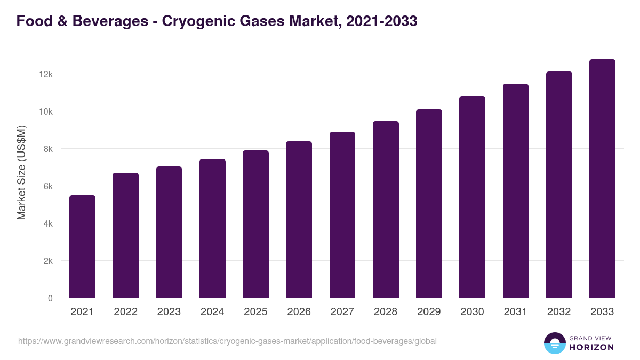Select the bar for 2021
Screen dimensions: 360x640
[82, 246]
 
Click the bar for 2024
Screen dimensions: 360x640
[212, 228]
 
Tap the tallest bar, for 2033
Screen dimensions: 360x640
[602, 179]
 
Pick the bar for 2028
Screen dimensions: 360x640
[386, 210]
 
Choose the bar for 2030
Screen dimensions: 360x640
[472, 197]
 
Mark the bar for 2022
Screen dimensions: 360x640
[125, 235]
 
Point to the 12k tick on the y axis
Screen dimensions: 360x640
[46, 74]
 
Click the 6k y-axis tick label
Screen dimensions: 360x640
[47, 186]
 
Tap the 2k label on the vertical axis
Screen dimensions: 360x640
[47, 261]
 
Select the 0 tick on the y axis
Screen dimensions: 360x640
[50, 298]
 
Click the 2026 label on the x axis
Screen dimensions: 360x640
[299, 312]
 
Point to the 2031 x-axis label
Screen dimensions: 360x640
[516, 312]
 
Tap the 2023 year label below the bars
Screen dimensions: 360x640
[169, 312]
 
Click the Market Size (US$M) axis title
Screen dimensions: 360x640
[21, 172]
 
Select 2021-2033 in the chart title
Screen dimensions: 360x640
[381, 22]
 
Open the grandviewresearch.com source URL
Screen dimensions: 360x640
[227, 341]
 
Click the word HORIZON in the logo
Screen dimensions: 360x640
[590, 347]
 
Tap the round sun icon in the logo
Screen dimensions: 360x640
[554, 343]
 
